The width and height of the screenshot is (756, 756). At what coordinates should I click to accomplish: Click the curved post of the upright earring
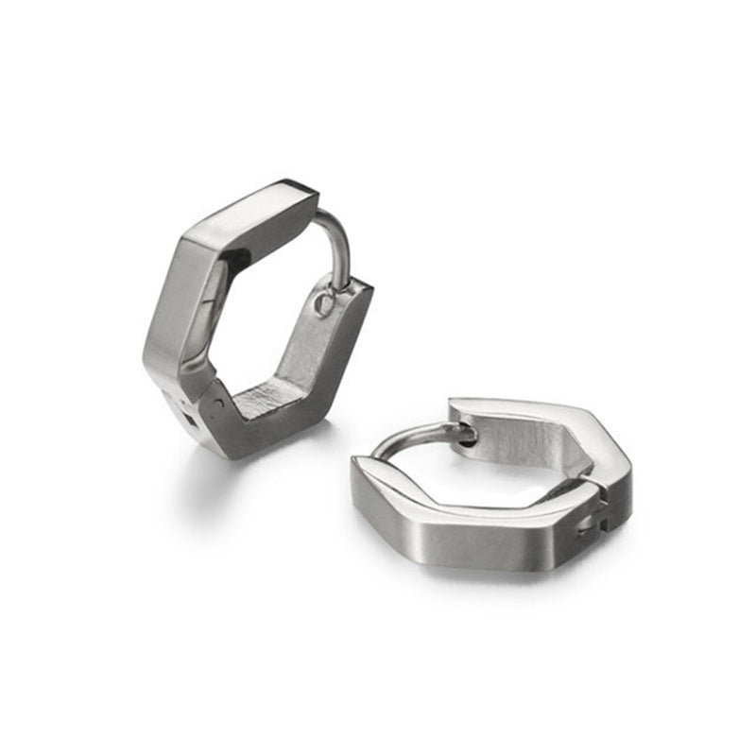click(x=337, y=236)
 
